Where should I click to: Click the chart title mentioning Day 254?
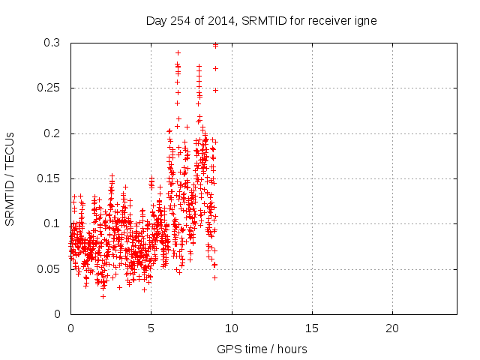(261, 21)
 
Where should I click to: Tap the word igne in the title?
(364, 21)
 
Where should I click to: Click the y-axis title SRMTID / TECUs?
(10, 178)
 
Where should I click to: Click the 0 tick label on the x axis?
(70, 328)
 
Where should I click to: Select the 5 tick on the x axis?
(151, 328)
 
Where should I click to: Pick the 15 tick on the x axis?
(312, 328)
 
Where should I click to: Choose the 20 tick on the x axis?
(392, 328)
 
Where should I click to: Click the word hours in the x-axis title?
(292, 349)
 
